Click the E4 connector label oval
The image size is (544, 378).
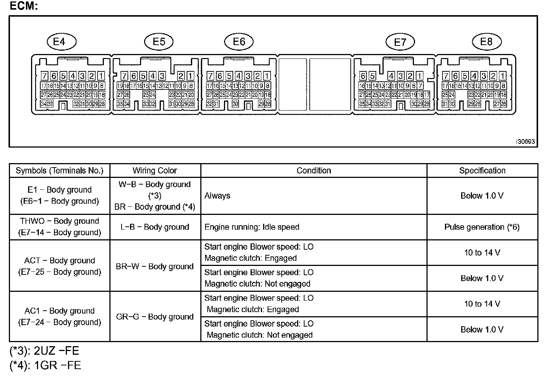pos(61,41)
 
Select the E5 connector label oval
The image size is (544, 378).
pos(159,41)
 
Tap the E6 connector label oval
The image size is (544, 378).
pos(239,41)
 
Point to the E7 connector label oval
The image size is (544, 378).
pos(400,42)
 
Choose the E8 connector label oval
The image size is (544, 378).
pos(486,41)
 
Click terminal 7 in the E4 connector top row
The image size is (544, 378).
pos(44,76)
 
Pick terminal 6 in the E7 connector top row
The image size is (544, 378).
pos(363,76)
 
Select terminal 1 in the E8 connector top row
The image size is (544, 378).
pos(503,76)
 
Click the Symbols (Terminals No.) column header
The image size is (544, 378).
pos(59,171)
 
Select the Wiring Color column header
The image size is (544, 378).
pos(155,171)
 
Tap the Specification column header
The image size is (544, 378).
pos(482,171)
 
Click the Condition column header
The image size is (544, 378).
pos(314,171)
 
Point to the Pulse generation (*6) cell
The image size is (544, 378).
pos(482,227)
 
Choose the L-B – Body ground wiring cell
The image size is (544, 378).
pos(155,227)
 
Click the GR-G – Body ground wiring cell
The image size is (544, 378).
pos(155,317)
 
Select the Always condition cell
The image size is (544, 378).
pos(217,196)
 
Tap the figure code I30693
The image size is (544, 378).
pos(526,142)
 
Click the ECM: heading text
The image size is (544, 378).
pos(23,6)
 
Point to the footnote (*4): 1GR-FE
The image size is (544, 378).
pos(45,365)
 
